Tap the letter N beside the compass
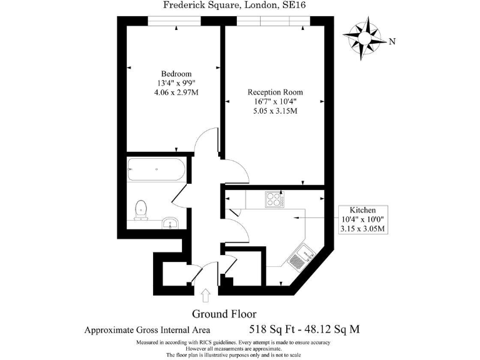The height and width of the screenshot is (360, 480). (x=392, y=42)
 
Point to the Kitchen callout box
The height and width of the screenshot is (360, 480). (x=362, y=219)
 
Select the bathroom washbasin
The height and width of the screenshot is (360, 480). (x=170, y=222)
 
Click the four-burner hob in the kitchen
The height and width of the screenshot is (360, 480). (x=274, y=199)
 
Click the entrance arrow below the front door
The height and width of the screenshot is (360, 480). (x=207, y=294)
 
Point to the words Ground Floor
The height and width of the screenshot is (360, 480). (x=224, y=314)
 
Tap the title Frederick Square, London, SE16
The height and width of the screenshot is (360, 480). (x=234, y=6)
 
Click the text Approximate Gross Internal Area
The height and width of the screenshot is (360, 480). (x=147, y=330)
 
